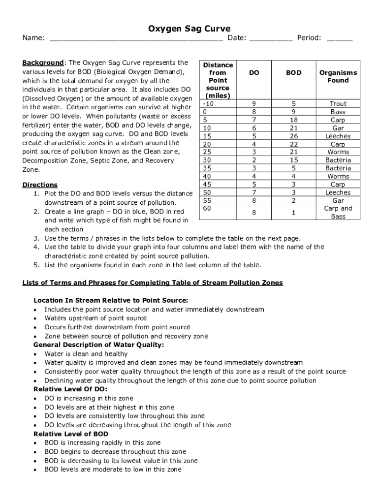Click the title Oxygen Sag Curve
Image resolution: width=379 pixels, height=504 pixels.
click(x=189, y=29)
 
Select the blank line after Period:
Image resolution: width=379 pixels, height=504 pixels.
click(x=340, y=39)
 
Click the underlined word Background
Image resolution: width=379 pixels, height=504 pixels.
click(x=43, y=63)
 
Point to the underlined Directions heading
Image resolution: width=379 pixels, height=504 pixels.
click(x=40, y=185)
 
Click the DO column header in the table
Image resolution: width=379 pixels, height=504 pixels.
click(x=254, y=72)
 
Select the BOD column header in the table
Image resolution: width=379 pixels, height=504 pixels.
click(x=294, y=72)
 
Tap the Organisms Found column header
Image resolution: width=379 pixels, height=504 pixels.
click(x=338, y=76)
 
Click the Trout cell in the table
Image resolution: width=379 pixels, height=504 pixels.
click(x=338, y=104)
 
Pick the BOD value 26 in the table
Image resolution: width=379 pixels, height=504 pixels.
click(x=294, y=136)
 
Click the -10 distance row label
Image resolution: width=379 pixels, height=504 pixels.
click(x=209, y=104)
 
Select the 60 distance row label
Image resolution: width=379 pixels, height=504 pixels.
click(x=207, y=209)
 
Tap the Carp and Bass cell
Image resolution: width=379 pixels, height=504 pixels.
click(x=338, y=212)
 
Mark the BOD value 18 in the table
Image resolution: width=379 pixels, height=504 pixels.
click(x=294, y=120)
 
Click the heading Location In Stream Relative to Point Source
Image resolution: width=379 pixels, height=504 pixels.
click(x=111, y=300)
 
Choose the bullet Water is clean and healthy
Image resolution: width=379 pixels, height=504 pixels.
click(x=86, y=354)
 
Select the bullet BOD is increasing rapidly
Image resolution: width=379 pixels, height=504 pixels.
click(x=102, y=442)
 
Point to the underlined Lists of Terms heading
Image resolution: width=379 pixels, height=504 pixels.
click(x=153, y=283)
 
